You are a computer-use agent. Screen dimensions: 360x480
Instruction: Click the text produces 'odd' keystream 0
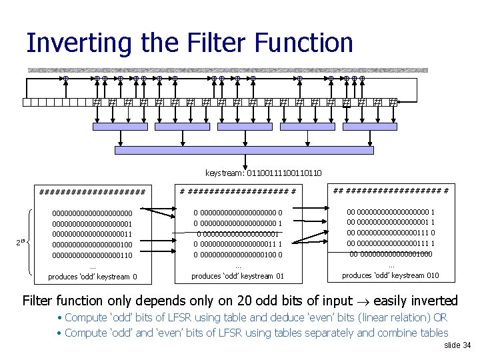[93, 277]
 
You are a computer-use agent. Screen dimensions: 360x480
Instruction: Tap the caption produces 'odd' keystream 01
[238, 276]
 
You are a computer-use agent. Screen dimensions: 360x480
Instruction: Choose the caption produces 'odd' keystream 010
[390, 275]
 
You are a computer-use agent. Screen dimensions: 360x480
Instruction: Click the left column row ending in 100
[93, 245]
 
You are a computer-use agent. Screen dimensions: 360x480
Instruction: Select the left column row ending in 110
[93, 255]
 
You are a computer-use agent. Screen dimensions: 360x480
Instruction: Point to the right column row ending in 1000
[391, 254]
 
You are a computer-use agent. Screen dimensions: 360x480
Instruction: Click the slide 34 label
[457, 345]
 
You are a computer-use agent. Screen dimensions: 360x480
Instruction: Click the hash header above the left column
[93, 193]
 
